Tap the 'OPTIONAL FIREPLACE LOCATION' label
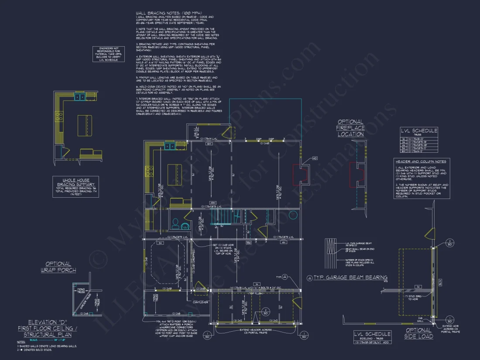tap(350, 128)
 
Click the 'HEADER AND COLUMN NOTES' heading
tap(420, 161)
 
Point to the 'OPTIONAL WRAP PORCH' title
tap(58, 267)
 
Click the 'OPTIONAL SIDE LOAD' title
tap(419, 333)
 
